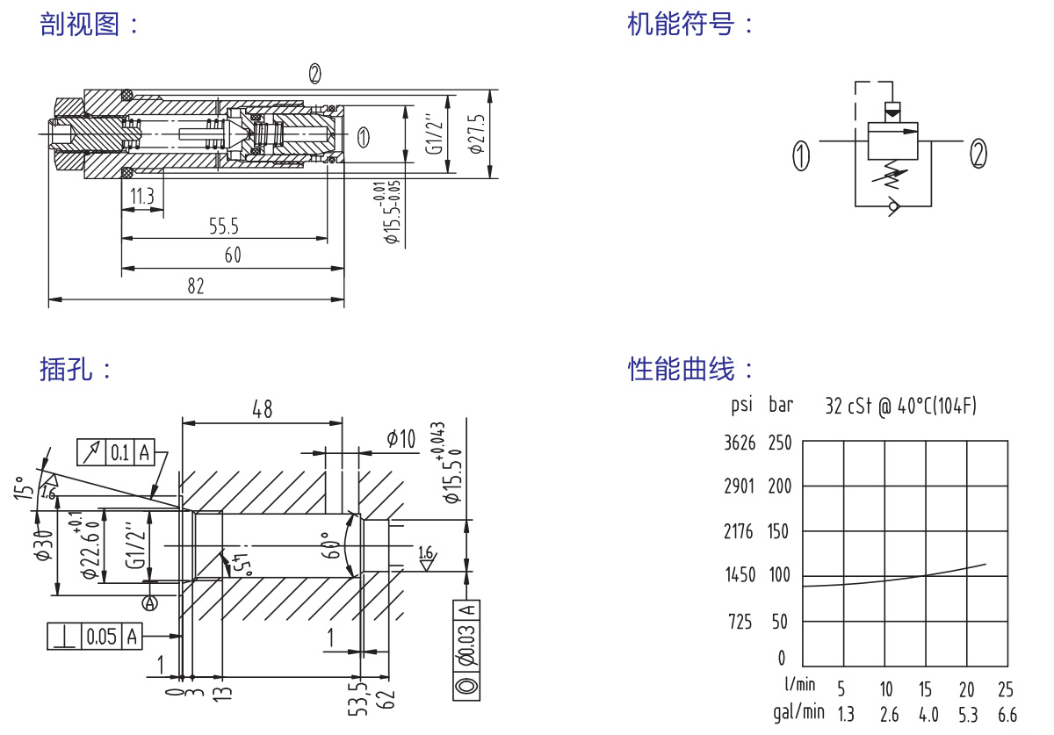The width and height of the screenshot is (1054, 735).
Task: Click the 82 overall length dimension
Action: tap(195, 286)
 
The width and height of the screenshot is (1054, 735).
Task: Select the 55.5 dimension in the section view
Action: tap(224, 227)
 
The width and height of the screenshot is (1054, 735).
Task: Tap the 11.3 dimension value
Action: tap(142, 197)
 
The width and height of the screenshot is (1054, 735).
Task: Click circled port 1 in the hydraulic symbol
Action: tap(801, 155)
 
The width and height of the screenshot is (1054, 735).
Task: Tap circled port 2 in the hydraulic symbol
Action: tap(978, 154)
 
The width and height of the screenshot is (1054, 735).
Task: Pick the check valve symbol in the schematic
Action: tap(894, 207)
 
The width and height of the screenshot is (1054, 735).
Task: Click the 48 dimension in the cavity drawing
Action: tap(262, 408)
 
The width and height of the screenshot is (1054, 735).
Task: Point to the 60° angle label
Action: tap(331, 545)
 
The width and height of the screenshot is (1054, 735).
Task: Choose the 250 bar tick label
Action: tap(780, 443)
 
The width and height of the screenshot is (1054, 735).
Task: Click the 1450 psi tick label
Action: tap(740, 576)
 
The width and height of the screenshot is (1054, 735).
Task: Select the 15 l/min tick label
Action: tap(926, 688)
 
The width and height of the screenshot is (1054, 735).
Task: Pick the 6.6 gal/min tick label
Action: tap(1007, 715)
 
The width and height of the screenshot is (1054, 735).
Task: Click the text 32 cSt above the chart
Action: tap(848, 407)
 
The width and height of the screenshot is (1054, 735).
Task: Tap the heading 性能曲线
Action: tap(680, 369)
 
